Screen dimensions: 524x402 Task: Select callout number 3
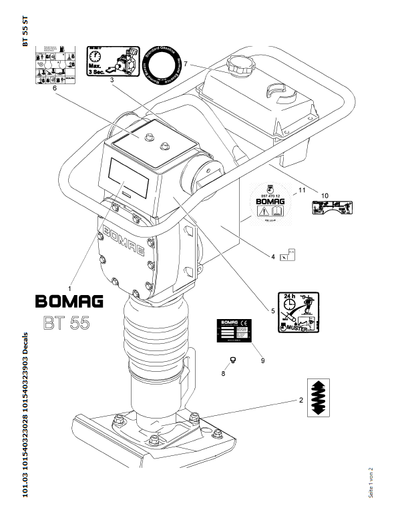point(112,81)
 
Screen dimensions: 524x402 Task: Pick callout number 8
point(223,372)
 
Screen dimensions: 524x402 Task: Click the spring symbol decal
point(319,399)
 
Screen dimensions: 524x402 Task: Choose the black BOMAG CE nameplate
point(234,330)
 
